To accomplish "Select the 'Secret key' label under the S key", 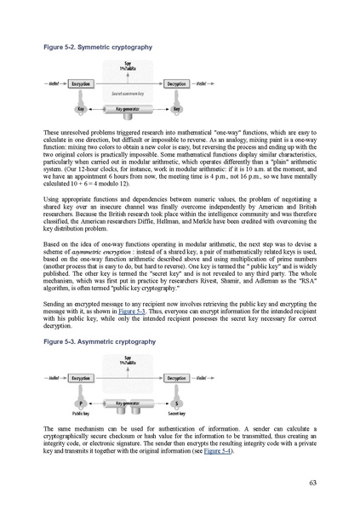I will point(177,413).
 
